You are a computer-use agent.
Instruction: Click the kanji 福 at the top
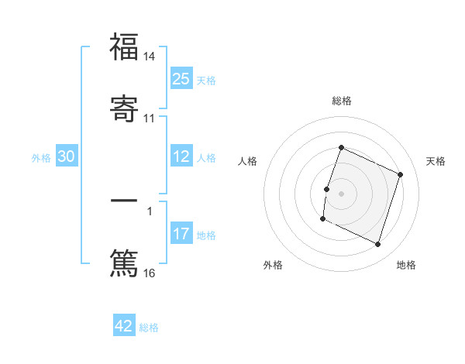tap(124, 47)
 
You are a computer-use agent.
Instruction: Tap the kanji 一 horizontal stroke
tap(124, 200)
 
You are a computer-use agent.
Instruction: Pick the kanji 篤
tap(124, 262)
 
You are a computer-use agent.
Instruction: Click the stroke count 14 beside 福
tap(150, 57)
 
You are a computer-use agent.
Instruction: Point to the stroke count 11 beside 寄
tap(150, 118)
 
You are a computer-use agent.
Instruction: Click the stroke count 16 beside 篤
tap(150, 273)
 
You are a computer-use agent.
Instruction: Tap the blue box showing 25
tap(181, 79)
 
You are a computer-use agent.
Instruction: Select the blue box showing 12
tap(181, 156)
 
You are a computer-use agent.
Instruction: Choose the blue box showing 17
tap(181, 234)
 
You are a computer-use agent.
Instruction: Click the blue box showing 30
tap(67, 156)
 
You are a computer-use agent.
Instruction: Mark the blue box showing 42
tap(124, 326)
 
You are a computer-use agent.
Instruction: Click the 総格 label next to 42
tap(149, 328)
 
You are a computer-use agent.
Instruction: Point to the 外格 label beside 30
tap(41, 158)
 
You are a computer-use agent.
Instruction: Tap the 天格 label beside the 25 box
tap(206, 81)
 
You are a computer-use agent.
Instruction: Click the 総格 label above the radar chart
tap(341, 101)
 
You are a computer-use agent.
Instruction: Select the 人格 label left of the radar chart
tap(248, 161)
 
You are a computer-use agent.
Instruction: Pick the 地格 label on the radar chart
tap(406, 265)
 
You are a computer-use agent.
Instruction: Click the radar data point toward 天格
tap(401, 174)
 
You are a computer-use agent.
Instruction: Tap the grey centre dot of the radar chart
tap(341, 192)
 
